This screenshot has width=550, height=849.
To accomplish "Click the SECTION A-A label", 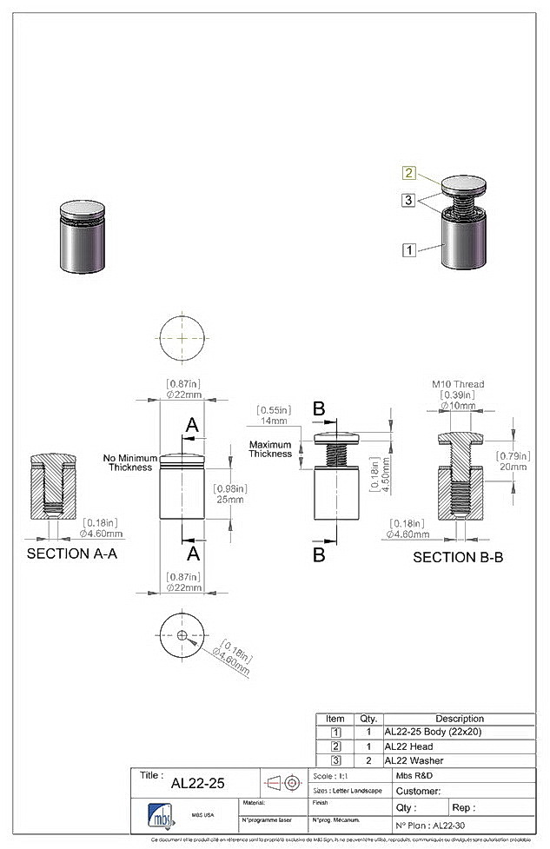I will (x=72, y=554).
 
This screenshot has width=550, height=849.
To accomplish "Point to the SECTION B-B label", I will (x=458, y=557).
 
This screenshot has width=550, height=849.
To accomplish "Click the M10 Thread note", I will (x=458, y=383).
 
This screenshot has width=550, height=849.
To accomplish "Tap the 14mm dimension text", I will (x=273, y=421).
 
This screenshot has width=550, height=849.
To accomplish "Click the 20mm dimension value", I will (x=513, y=466).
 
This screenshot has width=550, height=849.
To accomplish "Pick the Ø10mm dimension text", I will (x=458, y=406).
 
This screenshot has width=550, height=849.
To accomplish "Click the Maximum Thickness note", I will (x=270, y=449).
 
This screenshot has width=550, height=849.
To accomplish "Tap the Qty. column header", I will (x=368, y=719).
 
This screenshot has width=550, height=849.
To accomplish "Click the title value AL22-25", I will (x=197, y=783).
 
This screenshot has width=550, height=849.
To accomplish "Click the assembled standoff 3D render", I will (x=80, y=236).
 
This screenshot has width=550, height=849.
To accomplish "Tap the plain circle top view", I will (x=182, y=337).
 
